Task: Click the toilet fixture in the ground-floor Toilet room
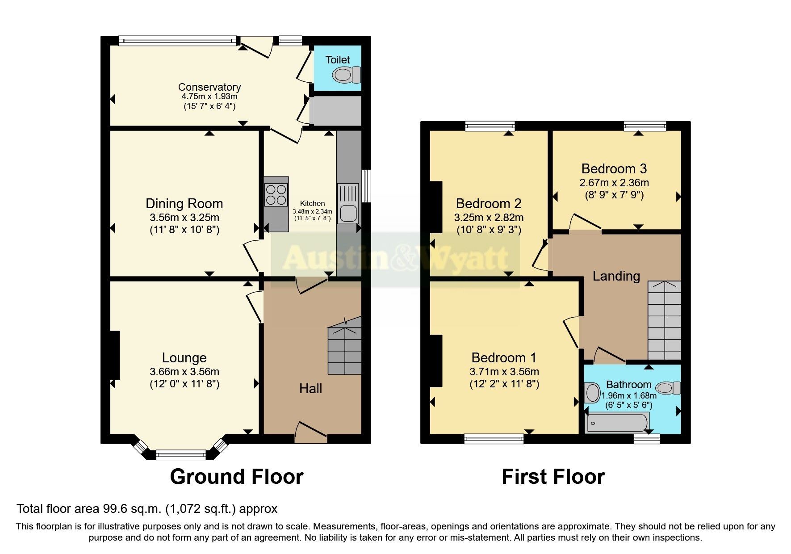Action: (x=347, y=75)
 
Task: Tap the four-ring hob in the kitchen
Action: (x=276, y=194)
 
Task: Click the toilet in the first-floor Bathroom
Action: (x=668, y=388)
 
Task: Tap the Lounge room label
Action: (x=184, y=358)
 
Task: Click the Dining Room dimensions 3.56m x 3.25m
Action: (x=184, y=218)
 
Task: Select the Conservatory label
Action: (x=209, y=87)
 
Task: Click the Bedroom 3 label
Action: (x=614, y=169)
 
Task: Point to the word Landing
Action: (x=616, y=276)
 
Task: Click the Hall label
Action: (x=310, y=389)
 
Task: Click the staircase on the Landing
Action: (x=664, y=320)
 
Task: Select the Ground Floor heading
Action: (x=236, y=477)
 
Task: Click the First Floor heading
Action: (x=553, y=477)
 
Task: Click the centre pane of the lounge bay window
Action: (x=181, y=455)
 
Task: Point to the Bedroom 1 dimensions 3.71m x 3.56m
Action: (x=504, y=372)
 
